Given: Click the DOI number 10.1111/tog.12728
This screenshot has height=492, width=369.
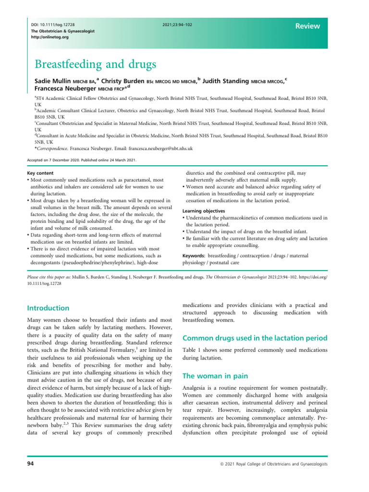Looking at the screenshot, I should click(x=55, y=24).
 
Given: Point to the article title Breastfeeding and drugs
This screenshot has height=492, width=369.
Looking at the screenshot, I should click(x=96, y=63).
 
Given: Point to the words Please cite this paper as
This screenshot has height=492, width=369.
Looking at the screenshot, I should click(x=49, y=277).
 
